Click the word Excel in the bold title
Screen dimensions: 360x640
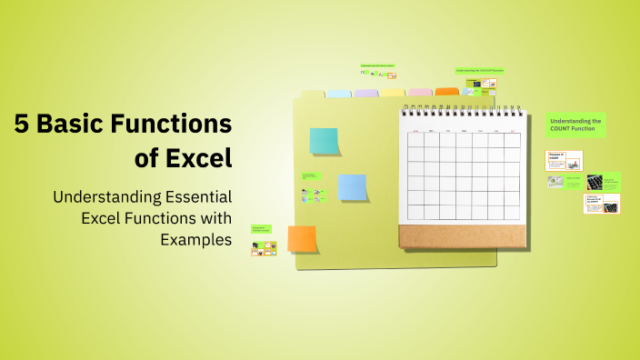tap(197, 158)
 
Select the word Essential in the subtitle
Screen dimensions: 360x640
tap(192, 196)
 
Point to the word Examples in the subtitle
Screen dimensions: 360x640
tap(195, 239)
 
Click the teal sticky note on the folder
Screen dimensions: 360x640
tap(324, 141)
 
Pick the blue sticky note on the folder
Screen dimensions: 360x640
tap(352, 187)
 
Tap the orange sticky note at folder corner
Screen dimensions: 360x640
tap(302, 238)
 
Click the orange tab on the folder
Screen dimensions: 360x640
tap(447, 92)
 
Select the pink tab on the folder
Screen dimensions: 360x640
tap(420, 92)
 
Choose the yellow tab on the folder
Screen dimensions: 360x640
tap(393, 92)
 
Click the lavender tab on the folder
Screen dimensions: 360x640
tap(365, 93)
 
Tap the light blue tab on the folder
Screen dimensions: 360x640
tap(338, 93)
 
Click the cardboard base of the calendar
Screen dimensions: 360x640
tap(462, 236)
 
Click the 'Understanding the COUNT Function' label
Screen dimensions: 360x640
tap(575, 125)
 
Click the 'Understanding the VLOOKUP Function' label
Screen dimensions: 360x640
tap(479, 70)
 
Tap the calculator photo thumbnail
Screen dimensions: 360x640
tap(595, 182)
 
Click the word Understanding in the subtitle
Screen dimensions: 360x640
tap(107, 196)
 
